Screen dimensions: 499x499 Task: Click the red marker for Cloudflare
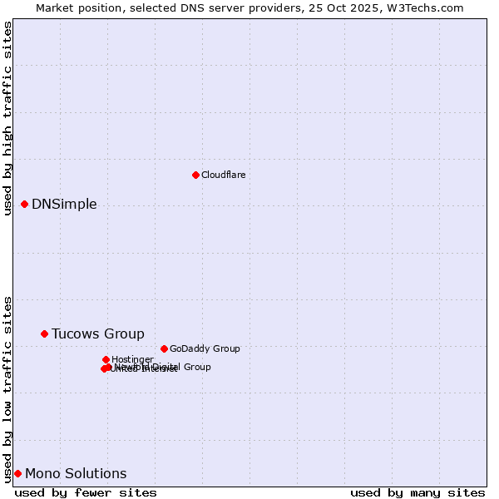pos(195,175)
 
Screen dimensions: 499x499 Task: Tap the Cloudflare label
pos(223,175)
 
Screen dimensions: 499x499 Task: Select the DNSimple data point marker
pos(24,204)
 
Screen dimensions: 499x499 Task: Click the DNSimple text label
pos(64,205)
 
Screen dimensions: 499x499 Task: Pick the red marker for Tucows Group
pos(44,333)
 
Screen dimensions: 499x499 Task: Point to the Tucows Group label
pos(98,334)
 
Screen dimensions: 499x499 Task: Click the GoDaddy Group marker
pos(164,348)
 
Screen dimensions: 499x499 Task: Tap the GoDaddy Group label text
pos(205,349)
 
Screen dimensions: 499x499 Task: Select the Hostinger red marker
pos(106,359)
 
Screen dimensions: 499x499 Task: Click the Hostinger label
pos(132,359)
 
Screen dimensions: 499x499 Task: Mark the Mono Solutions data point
pos(17,473)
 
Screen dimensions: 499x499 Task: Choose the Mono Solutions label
pos(76,474)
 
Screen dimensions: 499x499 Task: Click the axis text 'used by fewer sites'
pos(86,493)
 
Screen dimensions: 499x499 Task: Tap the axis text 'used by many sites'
pos(417,493)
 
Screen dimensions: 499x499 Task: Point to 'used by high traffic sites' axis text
pos(8,118)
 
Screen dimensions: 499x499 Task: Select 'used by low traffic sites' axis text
pos(8,389)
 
